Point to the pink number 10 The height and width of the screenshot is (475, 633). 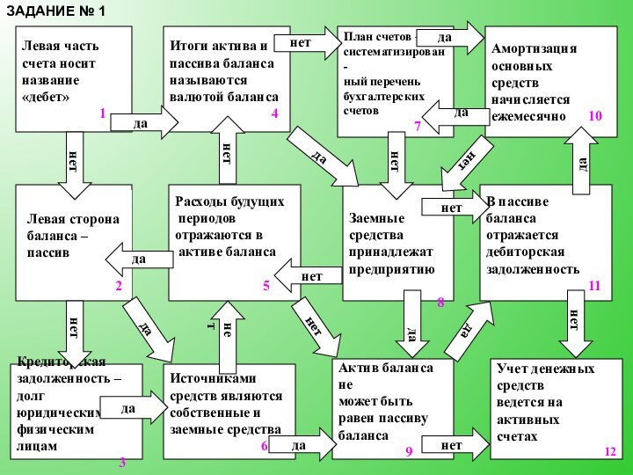[595, 115]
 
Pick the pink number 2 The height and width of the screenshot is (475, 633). [118, 286]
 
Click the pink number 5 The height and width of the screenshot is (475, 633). [266, 286]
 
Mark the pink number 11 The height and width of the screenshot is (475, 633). [594, 286]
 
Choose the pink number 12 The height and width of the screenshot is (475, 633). [610, 450]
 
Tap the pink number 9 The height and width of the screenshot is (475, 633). [408, 450]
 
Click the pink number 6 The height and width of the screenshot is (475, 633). [264, 446]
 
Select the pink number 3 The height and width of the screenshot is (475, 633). [122, 462]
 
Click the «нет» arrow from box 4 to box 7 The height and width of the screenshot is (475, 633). [304, 42]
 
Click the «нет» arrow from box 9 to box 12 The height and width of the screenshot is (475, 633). [457, 446]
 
